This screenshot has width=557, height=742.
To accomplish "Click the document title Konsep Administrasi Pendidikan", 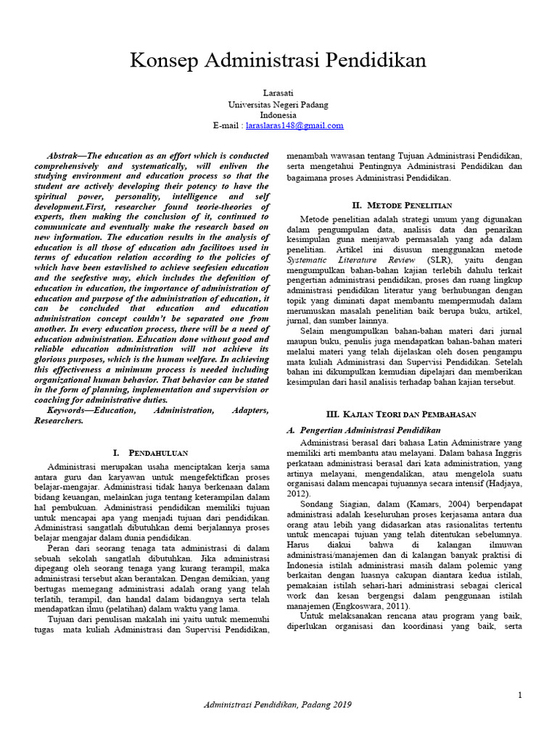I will [278, 60].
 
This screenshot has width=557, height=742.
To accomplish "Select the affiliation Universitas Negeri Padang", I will [278, 104].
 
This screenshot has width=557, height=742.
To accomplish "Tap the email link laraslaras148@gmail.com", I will [294, 125].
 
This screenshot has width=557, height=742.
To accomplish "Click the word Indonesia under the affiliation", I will [278, 114].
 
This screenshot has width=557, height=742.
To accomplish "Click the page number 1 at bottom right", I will [520, 695].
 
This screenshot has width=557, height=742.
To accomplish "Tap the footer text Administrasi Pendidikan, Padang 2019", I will [278, 704].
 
